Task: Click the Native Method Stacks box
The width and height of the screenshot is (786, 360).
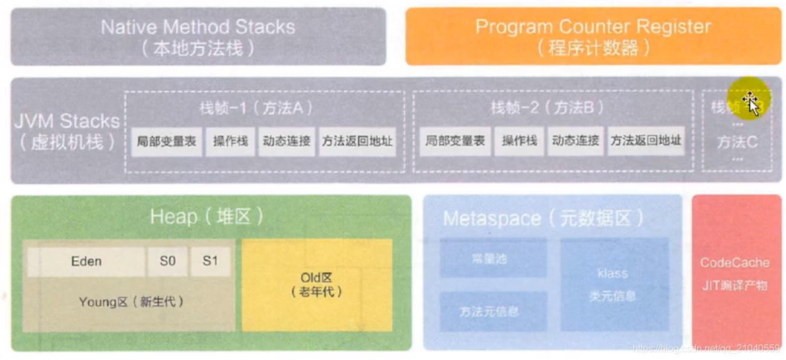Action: point(198,36)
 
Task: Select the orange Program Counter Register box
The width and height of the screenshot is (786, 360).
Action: point(593,36)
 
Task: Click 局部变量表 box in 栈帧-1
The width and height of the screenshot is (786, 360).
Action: point(166,141)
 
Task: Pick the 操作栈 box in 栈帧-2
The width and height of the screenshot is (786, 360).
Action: point(519,141)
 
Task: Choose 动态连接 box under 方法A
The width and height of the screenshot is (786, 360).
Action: point(286,141)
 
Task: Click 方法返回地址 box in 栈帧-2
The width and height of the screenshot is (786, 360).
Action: point(645,141)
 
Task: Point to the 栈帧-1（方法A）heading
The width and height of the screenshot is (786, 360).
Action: point(256,108)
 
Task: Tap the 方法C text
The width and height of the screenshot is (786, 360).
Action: point(737,143)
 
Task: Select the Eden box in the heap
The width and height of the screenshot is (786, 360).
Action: point(86,262)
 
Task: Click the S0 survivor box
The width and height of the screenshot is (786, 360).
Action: point(167,262)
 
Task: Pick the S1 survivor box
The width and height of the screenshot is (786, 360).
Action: point(210,262)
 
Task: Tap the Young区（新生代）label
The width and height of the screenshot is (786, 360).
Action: point(130,301)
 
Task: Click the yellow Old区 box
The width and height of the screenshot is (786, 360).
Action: point(317,284)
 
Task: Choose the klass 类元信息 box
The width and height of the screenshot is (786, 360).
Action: point(614,284)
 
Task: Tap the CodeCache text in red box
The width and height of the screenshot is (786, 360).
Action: point(735,263)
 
